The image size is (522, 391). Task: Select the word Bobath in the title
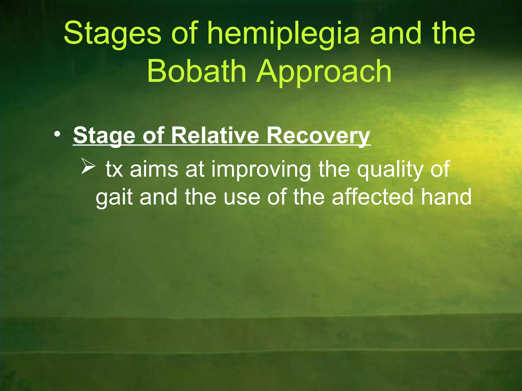click(x=197, y=71)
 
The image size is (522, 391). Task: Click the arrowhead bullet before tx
click(x=88, y=166)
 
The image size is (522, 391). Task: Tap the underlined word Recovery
click(x=318, y=136)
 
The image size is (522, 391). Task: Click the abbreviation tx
click(x=114, y=169)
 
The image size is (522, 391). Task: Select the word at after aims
click(x=195, y=169)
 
